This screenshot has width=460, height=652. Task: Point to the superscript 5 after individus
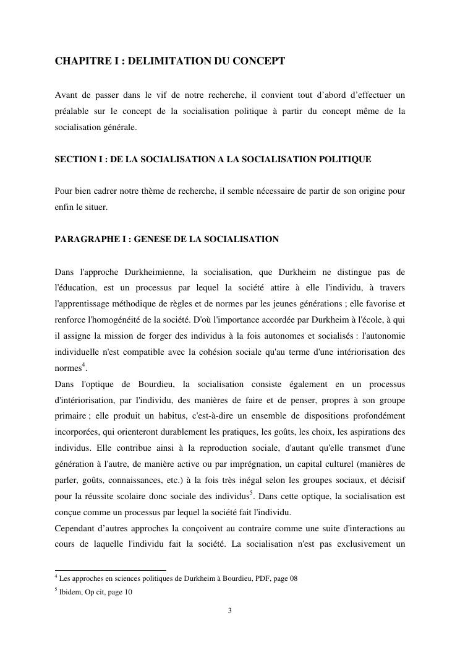pyautogui.click(x=251, y=493)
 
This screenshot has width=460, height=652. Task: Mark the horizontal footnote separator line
pyautogui.click(x=111, y=570)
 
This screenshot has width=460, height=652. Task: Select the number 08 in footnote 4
pyautogui.click(x=293, y=578)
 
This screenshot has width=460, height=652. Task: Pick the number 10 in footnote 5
pyautogui.click(x=128, y=591)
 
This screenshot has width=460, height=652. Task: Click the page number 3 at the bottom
pyautogui.click(x=230, y=611)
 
